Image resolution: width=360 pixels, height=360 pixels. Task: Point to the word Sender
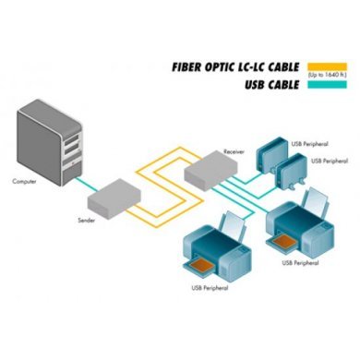pyautogui.click(x=87, y=222)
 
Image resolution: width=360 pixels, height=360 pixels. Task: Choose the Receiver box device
pyautogui.click(x=210, y=169)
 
